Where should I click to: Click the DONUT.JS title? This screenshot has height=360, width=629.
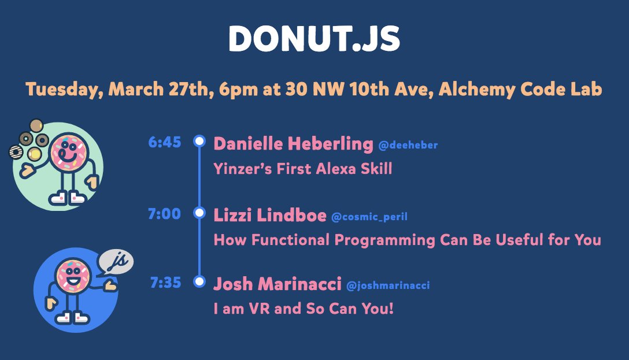point(314,39)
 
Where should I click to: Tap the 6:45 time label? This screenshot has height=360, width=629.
point(164,142)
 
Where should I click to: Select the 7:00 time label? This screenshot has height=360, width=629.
point(164,214)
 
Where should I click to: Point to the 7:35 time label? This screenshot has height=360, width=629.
point(165,282)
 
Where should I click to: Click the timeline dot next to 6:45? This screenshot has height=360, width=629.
point(199,141)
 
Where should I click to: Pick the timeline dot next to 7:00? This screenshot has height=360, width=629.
point(199,213)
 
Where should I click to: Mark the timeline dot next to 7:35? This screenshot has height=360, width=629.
point(199,281)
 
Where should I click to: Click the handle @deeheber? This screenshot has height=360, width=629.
point(408,145)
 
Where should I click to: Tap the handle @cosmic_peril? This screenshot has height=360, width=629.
point(369,217)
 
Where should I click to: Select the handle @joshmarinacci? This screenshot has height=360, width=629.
point(388,285)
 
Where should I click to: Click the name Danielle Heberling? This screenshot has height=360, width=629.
point(293,144)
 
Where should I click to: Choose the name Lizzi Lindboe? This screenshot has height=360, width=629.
point(270,216)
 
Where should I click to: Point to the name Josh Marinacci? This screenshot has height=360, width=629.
point(277,284)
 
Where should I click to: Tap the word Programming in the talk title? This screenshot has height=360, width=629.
point(384,240)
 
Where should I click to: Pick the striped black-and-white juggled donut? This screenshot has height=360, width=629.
point(16,152)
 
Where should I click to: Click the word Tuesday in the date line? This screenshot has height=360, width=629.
point(62,89)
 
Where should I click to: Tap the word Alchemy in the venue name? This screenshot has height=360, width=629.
point(476,89)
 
